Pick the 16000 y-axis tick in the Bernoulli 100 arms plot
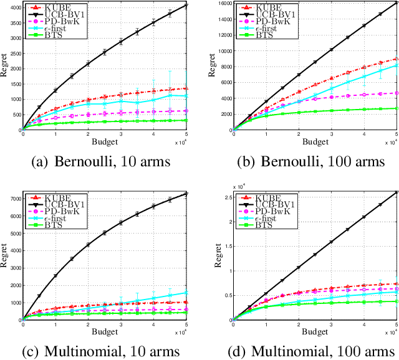point(221,3)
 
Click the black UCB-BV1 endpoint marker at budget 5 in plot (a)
point(186,6)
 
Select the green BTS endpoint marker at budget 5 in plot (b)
point(395,108)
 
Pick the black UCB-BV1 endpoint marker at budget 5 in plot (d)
point(395,192)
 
